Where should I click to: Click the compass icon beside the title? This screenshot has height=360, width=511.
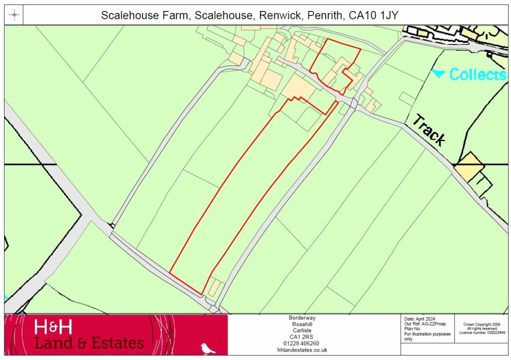pos(14,15)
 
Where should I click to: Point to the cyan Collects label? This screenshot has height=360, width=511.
pos(478,75)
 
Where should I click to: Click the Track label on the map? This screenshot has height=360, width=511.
pos(429,130)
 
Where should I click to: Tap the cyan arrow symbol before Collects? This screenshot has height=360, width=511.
pos(438,74)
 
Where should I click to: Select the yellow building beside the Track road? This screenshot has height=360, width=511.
pos(469,167)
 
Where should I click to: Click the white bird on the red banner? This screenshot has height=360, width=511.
pos(208,348)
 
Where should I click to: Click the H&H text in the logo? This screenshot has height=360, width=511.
pos(53,328)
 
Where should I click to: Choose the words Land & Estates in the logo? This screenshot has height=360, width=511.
pos(89,343)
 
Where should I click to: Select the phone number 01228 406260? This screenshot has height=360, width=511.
pos(302,344)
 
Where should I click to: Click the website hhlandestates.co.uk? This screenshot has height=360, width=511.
pos(302,350)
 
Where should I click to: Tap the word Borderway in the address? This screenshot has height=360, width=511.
pos(302,318)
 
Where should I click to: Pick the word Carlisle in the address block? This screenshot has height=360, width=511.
pos(302,331)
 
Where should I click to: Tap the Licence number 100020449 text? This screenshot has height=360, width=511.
pos(482,333)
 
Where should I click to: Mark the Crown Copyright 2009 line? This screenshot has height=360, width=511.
pos(482,324)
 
